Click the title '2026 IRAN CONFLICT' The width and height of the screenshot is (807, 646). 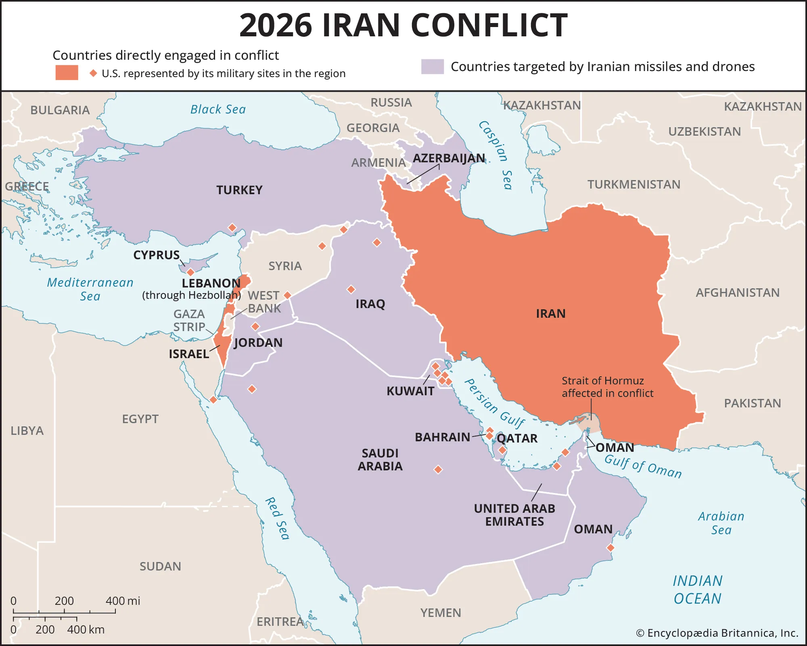coord(403,25)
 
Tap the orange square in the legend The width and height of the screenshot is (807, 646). coord(67,73)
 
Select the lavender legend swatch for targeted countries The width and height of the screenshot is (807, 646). coord(432,67)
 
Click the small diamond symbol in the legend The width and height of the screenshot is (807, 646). coord(93,73)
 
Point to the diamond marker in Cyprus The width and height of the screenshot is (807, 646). coord(190,272)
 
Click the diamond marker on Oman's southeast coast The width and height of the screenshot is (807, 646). coord(610,548)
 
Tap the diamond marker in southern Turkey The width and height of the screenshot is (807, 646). coord(232,228)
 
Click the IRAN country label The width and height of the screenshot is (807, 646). coord(550,314)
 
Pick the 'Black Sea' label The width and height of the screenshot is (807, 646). coord(218,109)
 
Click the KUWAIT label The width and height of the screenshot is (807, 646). coord(410,391)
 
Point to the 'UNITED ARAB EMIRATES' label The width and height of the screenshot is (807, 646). coord(514,515)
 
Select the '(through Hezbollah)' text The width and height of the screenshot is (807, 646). coord(191,295)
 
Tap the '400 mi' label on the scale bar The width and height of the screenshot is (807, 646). coord(123,601)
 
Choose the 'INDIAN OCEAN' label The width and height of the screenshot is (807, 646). coord(698,589)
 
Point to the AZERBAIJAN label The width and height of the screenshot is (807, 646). coord(449,158)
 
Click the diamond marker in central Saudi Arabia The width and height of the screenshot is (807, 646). coord(438,470)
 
